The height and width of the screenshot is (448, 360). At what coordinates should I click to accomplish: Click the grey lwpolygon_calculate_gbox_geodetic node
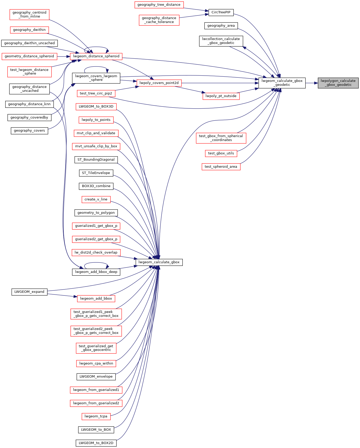click(x=338, y=83)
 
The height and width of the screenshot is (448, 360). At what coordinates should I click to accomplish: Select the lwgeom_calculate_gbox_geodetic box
click(x=282, y=83)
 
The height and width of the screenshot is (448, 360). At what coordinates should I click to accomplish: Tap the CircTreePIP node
click(x=221, y=12)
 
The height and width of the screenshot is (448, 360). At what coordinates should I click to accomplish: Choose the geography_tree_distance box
click(x=159, y=5)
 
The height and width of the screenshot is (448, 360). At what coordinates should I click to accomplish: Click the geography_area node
click(x=221, y=26)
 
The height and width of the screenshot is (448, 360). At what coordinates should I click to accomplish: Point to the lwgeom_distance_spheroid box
click(x=96, y=56)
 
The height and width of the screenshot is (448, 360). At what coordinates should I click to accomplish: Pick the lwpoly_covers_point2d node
click(x=159, y=83)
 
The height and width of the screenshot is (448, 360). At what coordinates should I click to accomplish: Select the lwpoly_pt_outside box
click(x=221, y=96)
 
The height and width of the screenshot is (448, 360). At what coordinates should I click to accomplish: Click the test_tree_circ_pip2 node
click(x=96, y=93)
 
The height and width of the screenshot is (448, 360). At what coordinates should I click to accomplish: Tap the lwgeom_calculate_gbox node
click(x=159, y=262)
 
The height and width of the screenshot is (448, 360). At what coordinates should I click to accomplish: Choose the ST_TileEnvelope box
click(x=96, y=173)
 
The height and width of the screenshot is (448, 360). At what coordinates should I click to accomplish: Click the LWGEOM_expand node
click(x=29, y=292)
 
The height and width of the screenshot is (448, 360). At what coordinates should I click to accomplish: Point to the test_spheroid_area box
click(x=221, y=167)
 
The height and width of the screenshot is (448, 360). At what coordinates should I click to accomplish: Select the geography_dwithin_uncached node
click(x=29, y=43)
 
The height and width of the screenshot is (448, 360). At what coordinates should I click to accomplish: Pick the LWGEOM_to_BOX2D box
click(x=96, y=443)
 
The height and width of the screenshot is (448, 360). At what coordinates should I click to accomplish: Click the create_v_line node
click(x=96, y=199)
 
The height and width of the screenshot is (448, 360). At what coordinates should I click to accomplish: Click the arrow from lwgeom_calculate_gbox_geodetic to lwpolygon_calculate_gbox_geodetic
click(x=312, y=83)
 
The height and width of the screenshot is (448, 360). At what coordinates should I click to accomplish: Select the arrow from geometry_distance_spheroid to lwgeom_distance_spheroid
click(x=63, y=56)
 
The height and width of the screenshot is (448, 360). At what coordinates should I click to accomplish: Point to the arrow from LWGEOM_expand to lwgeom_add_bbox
click(x=62, y=295)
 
